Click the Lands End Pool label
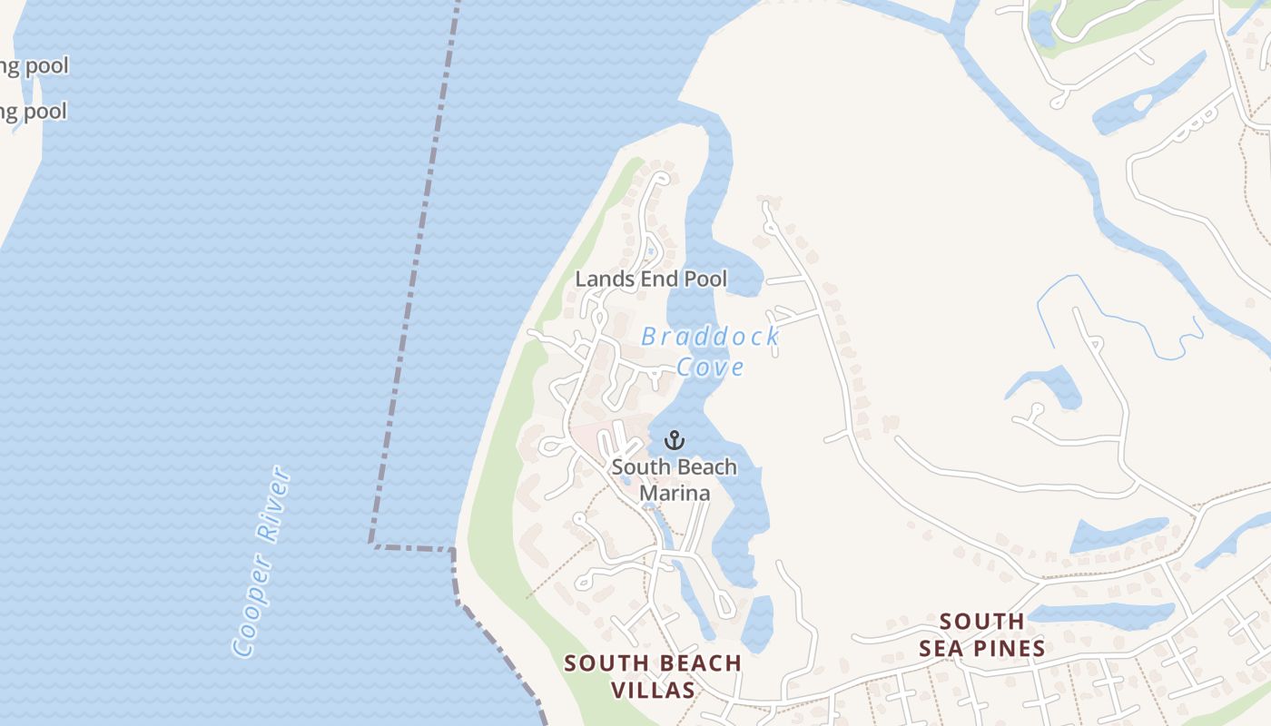tap(651, 279)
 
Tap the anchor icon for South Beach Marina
tap(674, 441)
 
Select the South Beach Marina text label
tap(674, 480)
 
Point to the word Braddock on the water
tap(710, 337)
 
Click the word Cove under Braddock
tap(711, 367)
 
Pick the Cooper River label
tap(261, 561)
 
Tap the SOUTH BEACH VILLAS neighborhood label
tap(653, 676)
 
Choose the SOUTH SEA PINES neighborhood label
tap(981, 634)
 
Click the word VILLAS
tap(653, 690)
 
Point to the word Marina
tap(675, 493)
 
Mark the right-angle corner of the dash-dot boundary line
tap(371, 544)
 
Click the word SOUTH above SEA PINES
tap(981, 622)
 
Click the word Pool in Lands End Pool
tap(705, 279)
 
